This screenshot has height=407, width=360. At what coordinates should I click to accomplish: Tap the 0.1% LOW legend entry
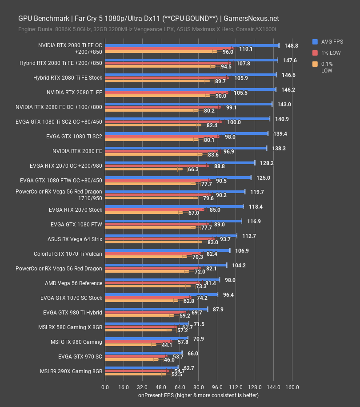point(327,67)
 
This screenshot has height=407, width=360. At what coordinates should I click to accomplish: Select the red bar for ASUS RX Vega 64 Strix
point(160,239)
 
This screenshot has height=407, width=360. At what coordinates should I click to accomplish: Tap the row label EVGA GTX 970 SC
point(80,357)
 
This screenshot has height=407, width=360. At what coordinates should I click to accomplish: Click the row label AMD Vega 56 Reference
point(73,283)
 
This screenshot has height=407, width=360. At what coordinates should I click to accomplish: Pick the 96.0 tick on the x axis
point(217,387)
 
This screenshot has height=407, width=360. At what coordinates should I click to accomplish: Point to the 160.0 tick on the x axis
point(292,387)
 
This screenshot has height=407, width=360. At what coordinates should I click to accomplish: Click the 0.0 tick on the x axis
point(105,387)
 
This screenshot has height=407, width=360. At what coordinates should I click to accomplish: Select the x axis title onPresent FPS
point(198,395)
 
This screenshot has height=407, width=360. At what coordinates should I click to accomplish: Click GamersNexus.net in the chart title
point(252,19)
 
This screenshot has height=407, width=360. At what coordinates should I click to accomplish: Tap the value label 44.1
point(167,345)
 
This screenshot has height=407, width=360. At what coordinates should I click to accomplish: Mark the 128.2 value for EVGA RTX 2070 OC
point(266,163)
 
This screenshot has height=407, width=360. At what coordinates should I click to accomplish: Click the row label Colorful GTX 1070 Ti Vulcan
point(68,254)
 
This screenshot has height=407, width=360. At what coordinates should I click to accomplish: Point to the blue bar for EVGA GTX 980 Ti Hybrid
point(156,309)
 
